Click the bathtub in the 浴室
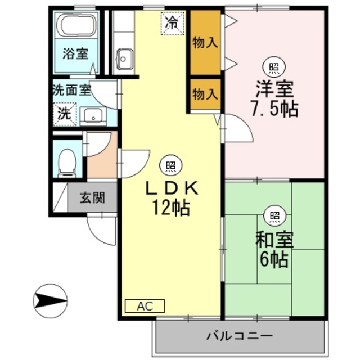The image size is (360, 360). click(x=79, y=27)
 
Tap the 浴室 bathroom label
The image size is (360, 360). click(x=75, y=55)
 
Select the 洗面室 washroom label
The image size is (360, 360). click(x=71, y=89)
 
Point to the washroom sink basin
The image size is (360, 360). click(x=91, y=116)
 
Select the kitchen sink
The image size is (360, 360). click(x=125, y=57)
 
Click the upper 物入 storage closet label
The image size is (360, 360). click(x=204, y=42)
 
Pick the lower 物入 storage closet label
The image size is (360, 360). click(x=204, y=94)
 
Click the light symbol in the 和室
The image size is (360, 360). click(x=274, y=215)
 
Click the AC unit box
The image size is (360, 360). click(x=145, y=306)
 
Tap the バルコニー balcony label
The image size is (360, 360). click(x=240, y=336)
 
